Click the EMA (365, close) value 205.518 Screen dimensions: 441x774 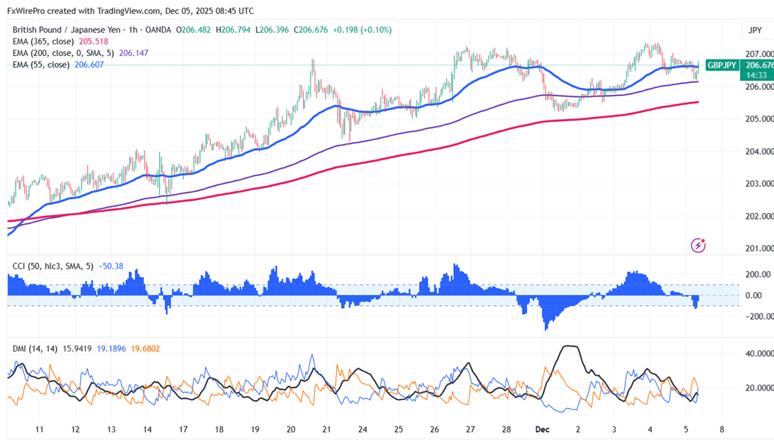(93, 42)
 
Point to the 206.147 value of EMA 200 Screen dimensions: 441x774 (133, 53)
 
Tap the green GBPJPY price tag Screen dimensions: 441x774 (722, 64)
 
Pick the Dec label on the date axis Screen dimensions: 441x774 (542, 429)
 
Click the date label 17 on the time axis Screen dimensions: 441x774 (183, 429)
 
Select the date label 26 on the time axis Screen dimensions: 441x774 (434, 429)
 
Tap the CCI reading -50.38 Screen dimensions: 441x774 (111, 266)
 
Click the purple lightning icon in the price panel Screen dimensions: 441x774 (699, 245)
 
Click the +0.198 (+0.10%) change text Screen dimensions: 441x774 (362, 30)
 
